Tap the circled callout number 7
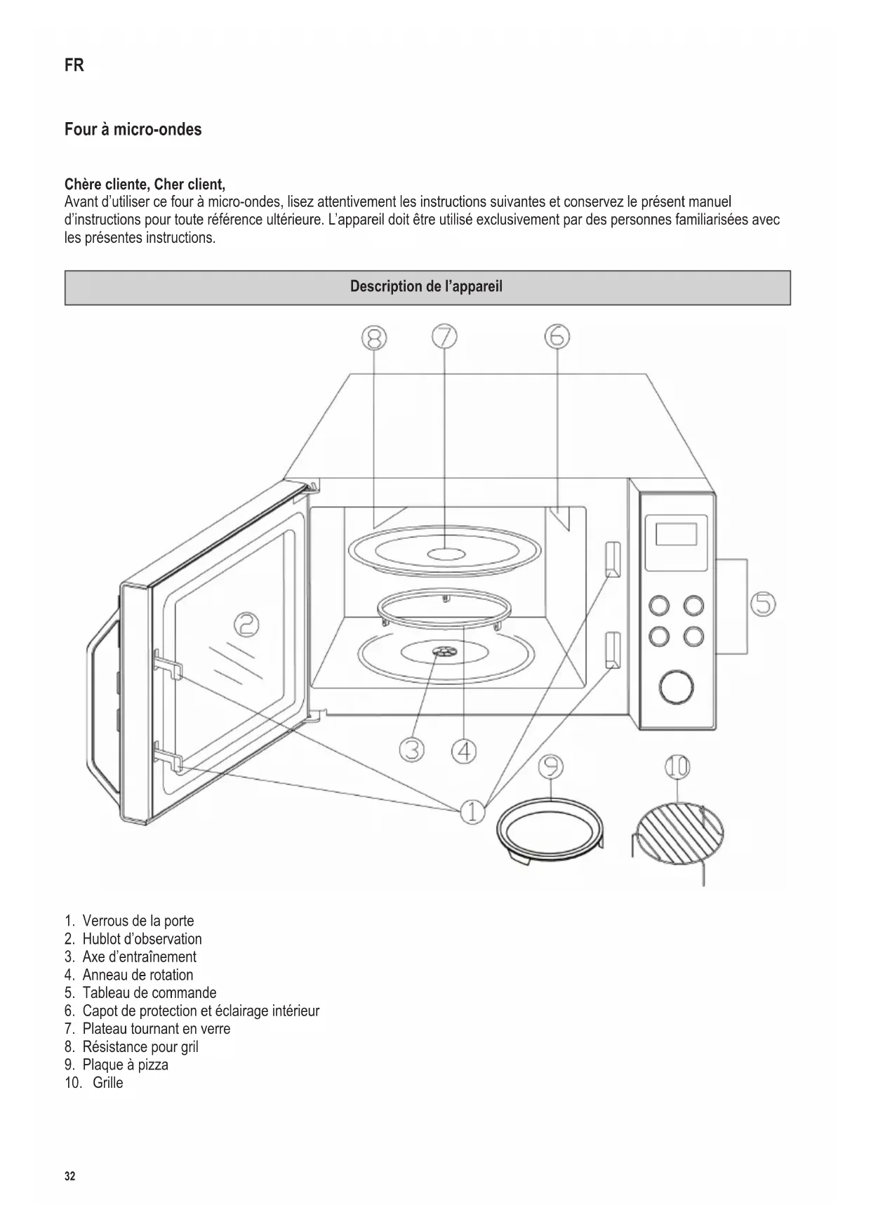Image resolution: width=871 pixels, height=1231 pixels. (444, 338)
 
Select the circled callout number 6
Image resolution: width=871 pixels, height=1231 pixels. (557, 337)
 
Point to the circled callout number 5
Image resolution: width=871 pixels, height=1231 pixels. (764, 604)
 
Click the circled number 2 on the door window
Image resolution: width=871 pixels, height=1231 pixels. (247, 623)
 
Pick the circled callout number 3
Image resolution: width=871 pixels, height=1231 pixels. (412, 750)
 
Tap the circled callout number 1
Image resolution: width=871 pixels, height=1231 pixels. (472, 812)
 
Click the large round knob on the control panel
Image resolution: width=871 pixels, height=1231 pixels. (677, 686)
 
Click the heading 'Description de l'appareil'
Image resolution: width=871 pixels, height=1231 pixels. (427, 287)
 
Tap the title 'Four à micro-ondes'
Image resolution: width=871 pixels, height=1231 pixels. (133, 130)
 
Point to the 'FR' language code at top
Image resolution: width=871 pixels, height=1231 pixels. (74, 65)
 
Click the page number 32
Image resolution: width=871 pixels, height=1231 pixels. (69, 1176)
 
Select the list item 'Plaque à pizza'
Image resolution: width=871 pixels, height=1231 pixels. (125, 1065)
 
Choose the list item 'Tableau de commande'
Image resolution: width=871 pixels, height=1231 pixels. (149, 993)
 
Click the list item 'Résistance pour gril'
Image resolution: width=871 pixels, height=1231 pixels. (140, 1046)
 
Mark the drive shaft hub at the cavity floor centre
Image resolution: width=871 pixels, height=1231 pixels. (444, 653)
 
